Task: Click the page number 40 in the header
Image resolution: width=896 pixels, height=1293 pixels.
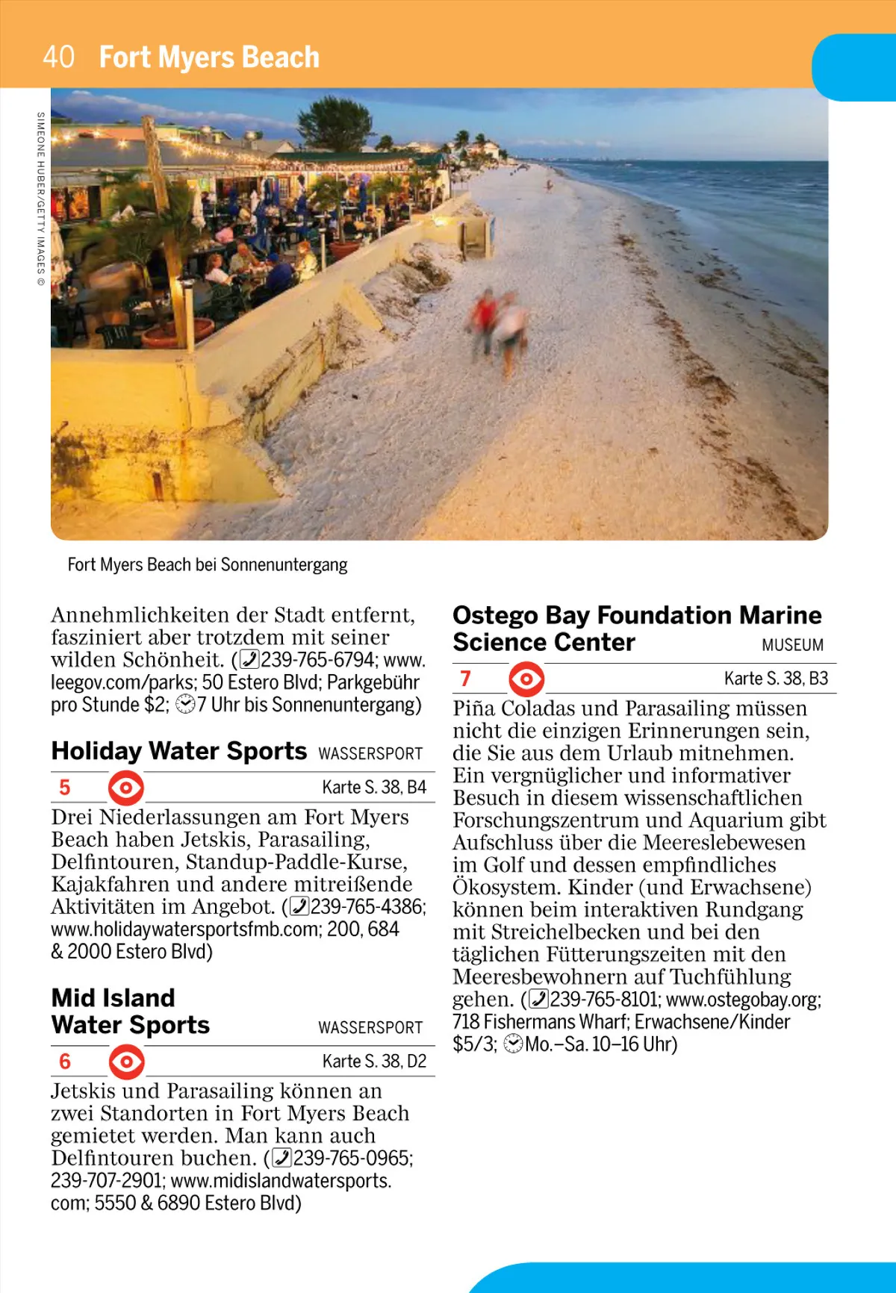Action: (58, 57)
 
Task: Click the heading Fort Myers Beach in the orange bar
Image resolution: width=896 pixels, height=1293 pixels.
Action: (209, 57)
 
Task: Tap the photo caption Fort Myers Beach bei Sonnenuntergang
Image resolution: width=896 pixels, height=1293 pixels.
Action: (208, 564)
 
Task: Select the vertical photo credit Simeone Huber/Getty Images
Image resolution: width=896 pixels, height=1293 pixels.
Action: (41, 199)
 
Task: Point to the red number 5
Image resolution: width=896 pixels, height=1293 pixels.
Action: (65, 787)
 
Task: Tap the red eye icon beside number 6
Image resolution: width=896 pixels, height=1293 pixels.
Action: (126, 1061)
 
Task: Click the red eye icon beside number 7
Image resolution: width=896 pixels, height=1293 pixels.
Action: (526, 679)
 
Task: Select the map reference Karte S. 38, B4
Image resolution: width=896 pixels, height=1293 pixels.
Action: (374, 787)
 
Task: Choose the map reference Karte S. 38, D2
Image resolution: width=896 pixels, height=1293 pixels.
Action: (374, 1061)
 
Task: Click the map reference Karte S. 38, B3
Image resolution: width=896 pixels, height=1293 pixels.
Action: (776, 678)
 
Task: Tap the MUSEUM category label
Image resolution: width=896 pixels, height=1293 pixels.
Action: (792, 645)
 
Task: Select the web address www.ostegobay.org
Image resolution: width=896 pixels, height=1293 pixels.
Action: (742, 999)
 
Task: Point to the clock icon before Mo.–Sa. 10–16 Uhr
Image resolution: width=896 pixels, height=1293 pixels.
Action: (513, 1044)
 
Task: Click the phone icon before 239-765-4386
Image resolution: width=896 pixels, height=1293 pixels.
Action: (299, 906)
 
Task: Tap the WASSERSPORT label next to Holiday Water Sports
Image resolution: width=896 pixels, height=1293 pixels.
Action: (370, 753)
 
